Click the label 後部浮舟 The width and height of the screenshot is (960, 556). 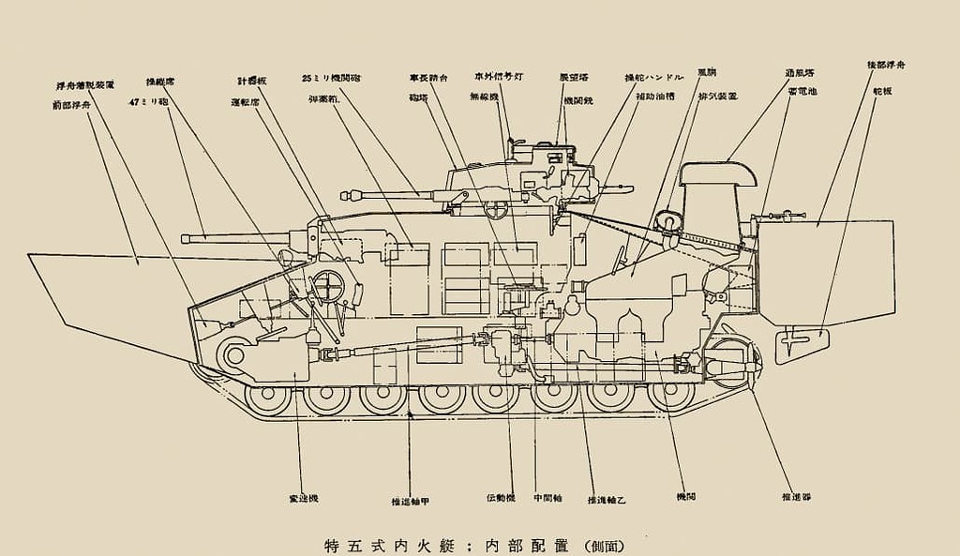pos(886,65)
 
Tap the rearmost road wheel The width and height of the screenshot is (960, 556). pos(672,395)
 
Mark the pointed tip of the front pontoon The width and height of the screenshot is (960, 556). pos(29,254)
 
